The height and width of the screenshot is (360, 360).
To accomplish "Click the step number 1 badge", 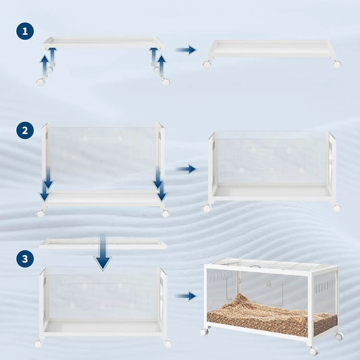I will pos(25,31).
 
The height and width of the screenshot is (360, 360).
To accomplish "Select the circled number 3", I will pos(25,257).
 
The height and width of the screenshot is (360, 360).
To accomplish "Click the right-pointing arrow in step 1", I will pos(186,49).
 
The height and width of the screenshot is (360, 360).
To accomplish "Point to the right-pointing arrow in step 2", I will pos(186,169).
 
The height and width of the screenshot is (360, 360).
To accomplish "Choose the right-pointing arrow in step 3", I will pos(186,295).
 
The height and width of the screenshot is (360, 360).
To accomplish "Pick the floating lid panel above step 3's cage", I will pos(103,242).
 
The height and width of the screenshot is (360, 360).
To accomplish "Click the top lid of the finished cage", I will pos(270,265).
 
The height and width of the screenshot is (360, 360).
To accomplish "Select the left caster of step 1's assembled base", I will pos(207,64).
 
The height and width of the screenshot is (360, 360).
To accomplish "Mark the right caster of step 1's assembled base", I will pos(336,63).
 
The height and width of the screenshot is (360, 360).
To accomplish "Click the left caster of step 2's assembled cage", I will pos(207,208).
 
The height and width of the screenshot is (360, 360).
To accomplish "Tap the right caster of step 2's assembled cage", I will pos(336,208).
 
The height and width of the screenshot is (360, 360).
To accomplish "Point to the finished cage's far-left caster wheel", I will pos(204,332).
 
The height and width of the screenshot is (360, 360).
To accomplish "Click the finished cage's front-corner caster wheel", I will pos(313,351).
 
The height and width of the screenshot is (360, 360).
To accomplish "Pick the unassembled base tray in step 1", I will pos(103,42).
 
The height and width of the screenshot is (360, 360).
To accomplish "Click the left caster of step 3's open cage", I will pos(38,343).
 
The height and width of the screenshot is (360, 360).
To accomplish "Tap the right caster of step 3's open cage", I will pos(168,343).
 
